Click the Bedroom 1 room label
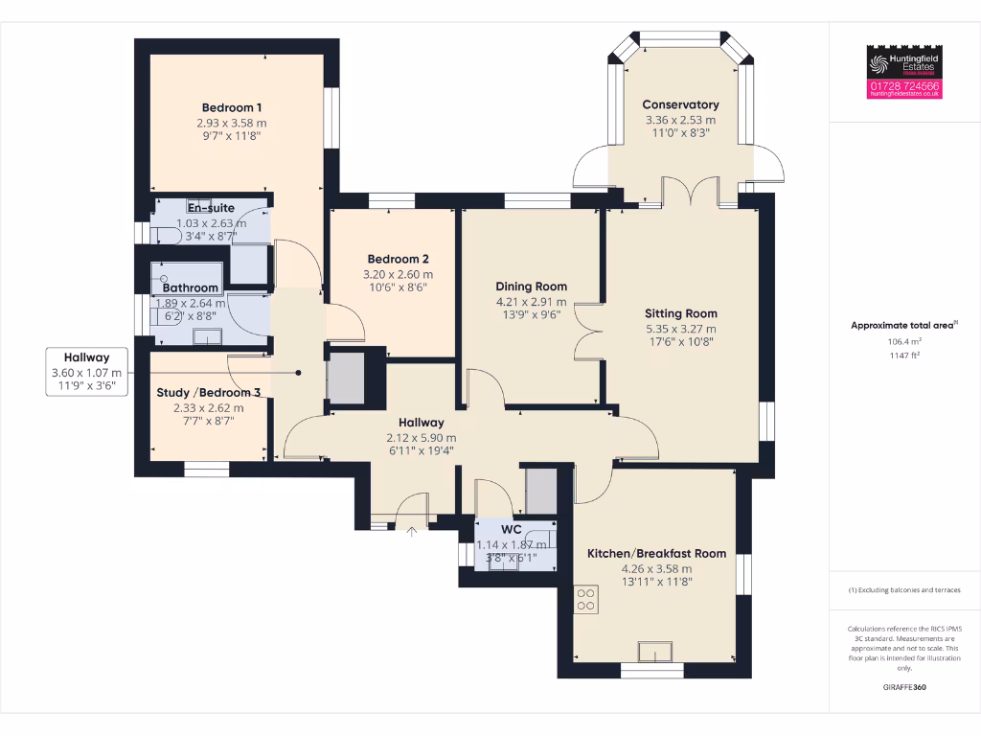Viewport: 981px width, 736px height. pyautogui.click(x=232, y=107)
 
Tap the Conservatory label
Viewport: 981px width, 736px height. pyautogui.click(x=680, y=104)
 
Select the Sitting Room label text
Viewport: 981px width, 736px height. pyautogui.click(x=680, y=313)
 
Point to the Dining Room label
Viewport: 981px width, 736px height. pyautogui.click(x=531, y=287)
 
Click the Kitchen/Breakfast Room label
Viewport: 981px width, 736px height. pyautogui.click(x=656, y=553)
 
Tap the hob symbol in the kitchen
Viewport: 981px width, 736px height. pyautogui.click(x=586, y=599)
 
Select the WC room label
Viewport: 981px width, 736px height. pyautogui.click(x=512, y=529)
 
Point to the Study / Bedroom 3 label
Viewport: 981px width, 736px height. pyautogui.click(x=209, y=393)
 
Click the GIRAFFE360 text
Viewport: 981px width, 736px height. pyautogui.click(x=904, y=687)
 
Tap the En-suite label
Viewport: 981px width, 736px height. pyautogui.click(x=211, y=208)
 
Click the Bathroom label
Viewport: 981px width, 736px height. pyautogui.click(x=190, y=287)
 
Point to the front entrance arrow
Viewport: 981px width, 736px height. pyautogui.click(x=413, y=532)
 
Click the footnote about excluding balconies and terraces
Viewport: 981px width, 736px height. pyautogui.click(x=904, y=589)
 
